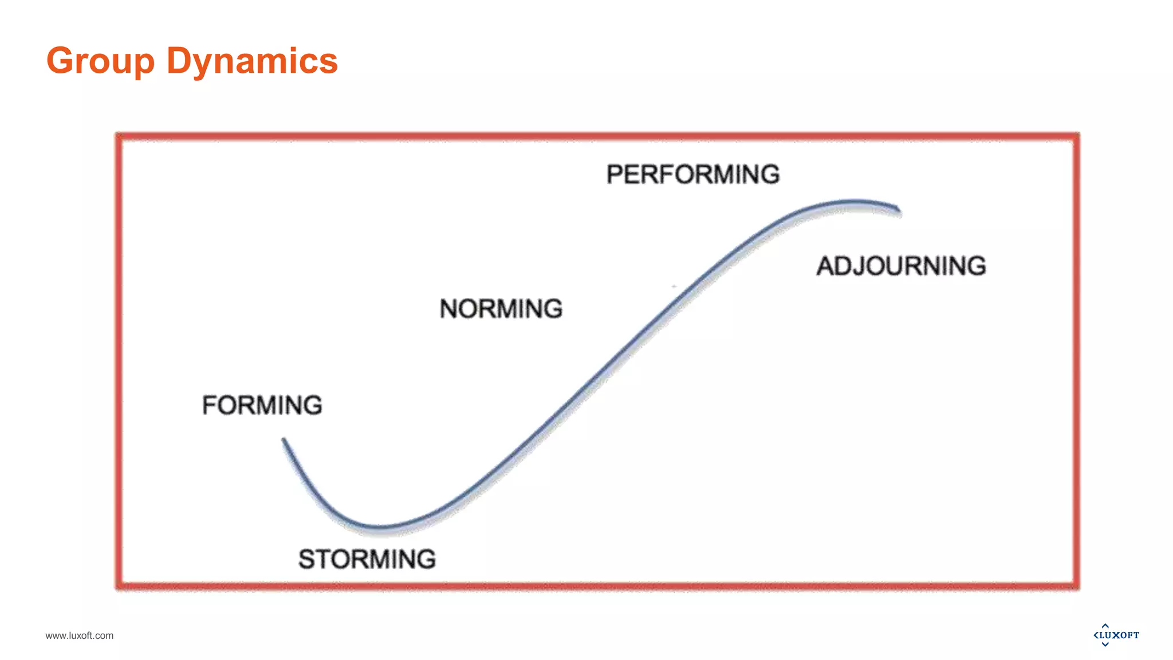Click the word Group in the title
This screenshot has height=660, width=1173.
[100, 61]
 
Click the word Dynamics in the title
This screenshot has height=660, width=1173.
[252, 61]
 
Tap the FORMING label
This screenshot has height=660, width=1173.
[262, 405]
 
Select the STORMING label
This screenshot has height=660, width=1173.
[367, 559]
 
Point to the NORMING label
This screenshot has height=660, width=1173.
[501, 309]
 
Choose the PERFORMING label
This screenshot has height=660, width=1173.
[693, 174]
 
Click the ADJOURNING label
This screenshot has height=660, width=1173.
[902, 266]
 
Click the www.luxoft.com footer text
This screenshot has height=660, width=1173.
[80, 635]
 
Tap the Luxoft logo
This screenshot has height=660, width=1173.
[1116, 635]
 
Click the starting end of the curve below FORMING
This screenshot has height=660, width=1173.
[284, 440]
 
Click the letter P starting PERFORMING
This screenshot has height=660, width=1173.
[615, 174]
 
